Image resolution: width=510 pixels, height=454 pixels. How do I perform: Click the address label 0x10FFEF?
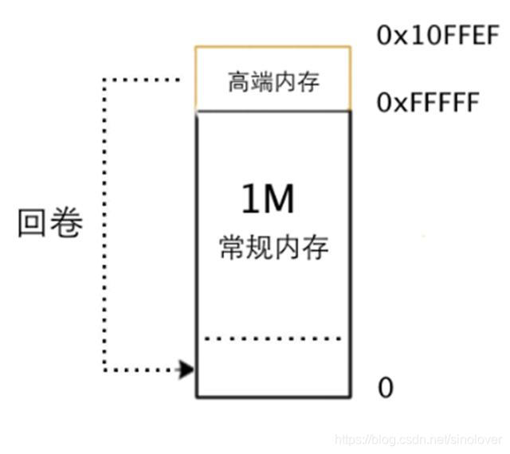click(x=437, y=37)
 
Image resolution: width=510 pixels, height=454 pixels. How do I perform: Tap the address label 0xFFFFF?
click(x=427, y=104)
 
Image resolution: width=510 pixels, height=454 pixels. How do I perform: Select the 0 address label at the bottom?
click(x=386, y=388)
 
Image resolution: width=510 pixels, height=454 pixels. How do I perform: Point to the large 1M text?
click(x=268, y=201)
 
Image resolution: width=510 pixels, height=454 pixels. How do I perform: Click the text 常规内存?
click(x=273, y=249)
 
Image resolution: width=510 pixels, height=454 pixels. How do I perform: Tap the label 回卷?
click(x=50, y=224)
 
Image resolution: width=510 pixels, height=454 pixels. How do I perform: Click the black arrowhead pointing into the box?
click(x=186, y=370)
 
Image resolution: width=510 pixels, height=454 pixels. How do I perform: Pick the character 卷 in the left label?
click(x=67, y=224)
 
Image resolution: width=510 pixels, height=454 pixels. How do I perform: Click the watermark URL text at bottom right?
click(x=418, y=439)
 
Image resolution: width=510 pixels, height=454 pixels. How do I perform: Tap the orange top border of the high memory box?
click(x=273, y=47)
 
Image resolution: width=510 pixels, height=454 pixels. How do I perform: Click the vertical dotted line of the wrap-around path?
click(x=104, y=223)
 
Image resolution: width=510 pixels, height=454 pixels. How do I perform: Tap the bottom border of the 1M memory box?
click(x=273, y=396)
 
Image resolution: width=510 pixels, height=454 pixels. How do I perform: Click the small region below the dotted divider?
click(x=273, y=367)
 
